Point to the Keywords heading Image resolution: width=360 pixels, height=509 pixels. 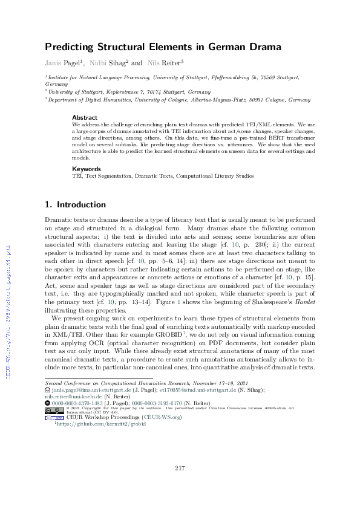(86, 169)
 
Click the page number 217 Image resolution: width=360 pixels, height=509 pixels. (180, 469)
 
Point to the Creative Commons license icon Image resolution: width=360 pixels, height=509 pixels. (53, 410)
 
